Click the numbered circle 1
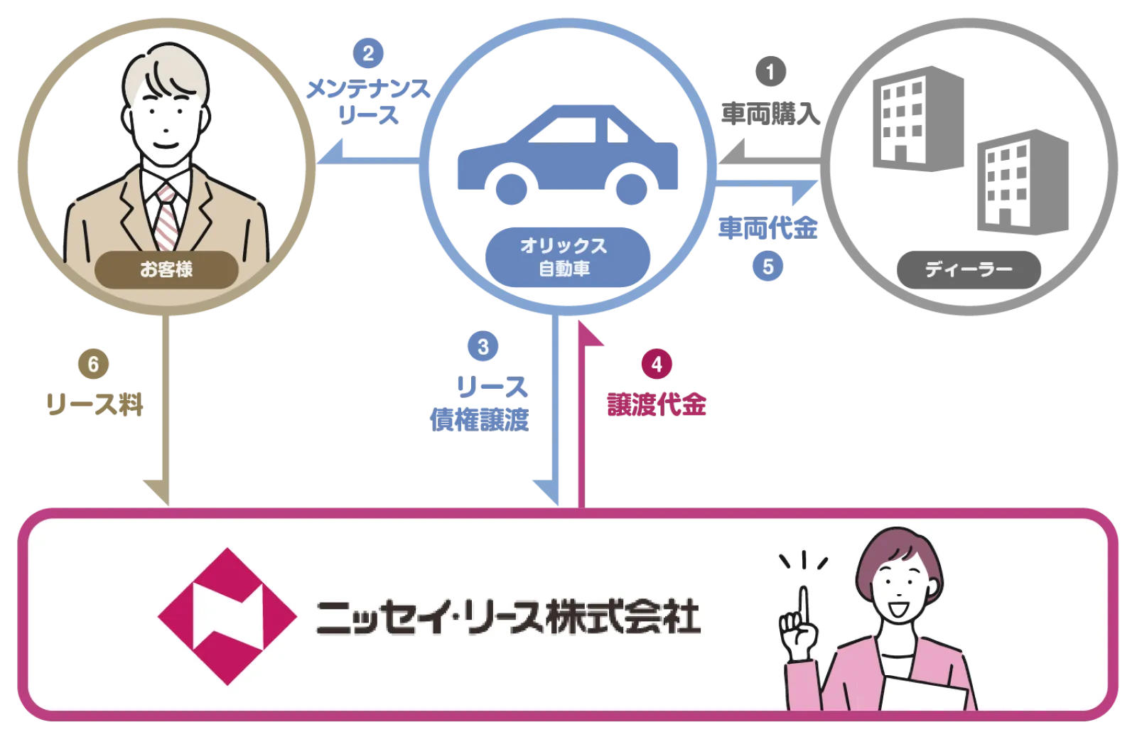pyautogui.click(x=770, y=72)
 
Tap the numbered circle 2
pyautogui.click(x=368, y=53)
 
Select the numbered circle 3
pyautogui.click(x=483, y=347)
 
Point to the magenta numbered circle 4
pyautogui.click(x=657, y=365)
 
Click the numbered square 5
pyautogui.click(x=768, y=267)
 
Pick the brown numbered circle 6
pyautogui.click(x=93, y=365)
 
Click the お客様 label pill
pyautogui.click(x=166, y=269)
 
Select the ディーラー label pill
pyautogui.click(x=968, y=269)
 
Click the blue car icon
pyautogui.click(x=568, y=156)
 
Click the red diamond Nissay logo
pyautogui.click(x=227, y=616)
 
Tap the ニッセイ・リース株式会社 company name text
pyautogui.click(x=508, y=617)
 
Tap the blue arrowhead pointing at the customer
pyautogui.click(x=333, y=151)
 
